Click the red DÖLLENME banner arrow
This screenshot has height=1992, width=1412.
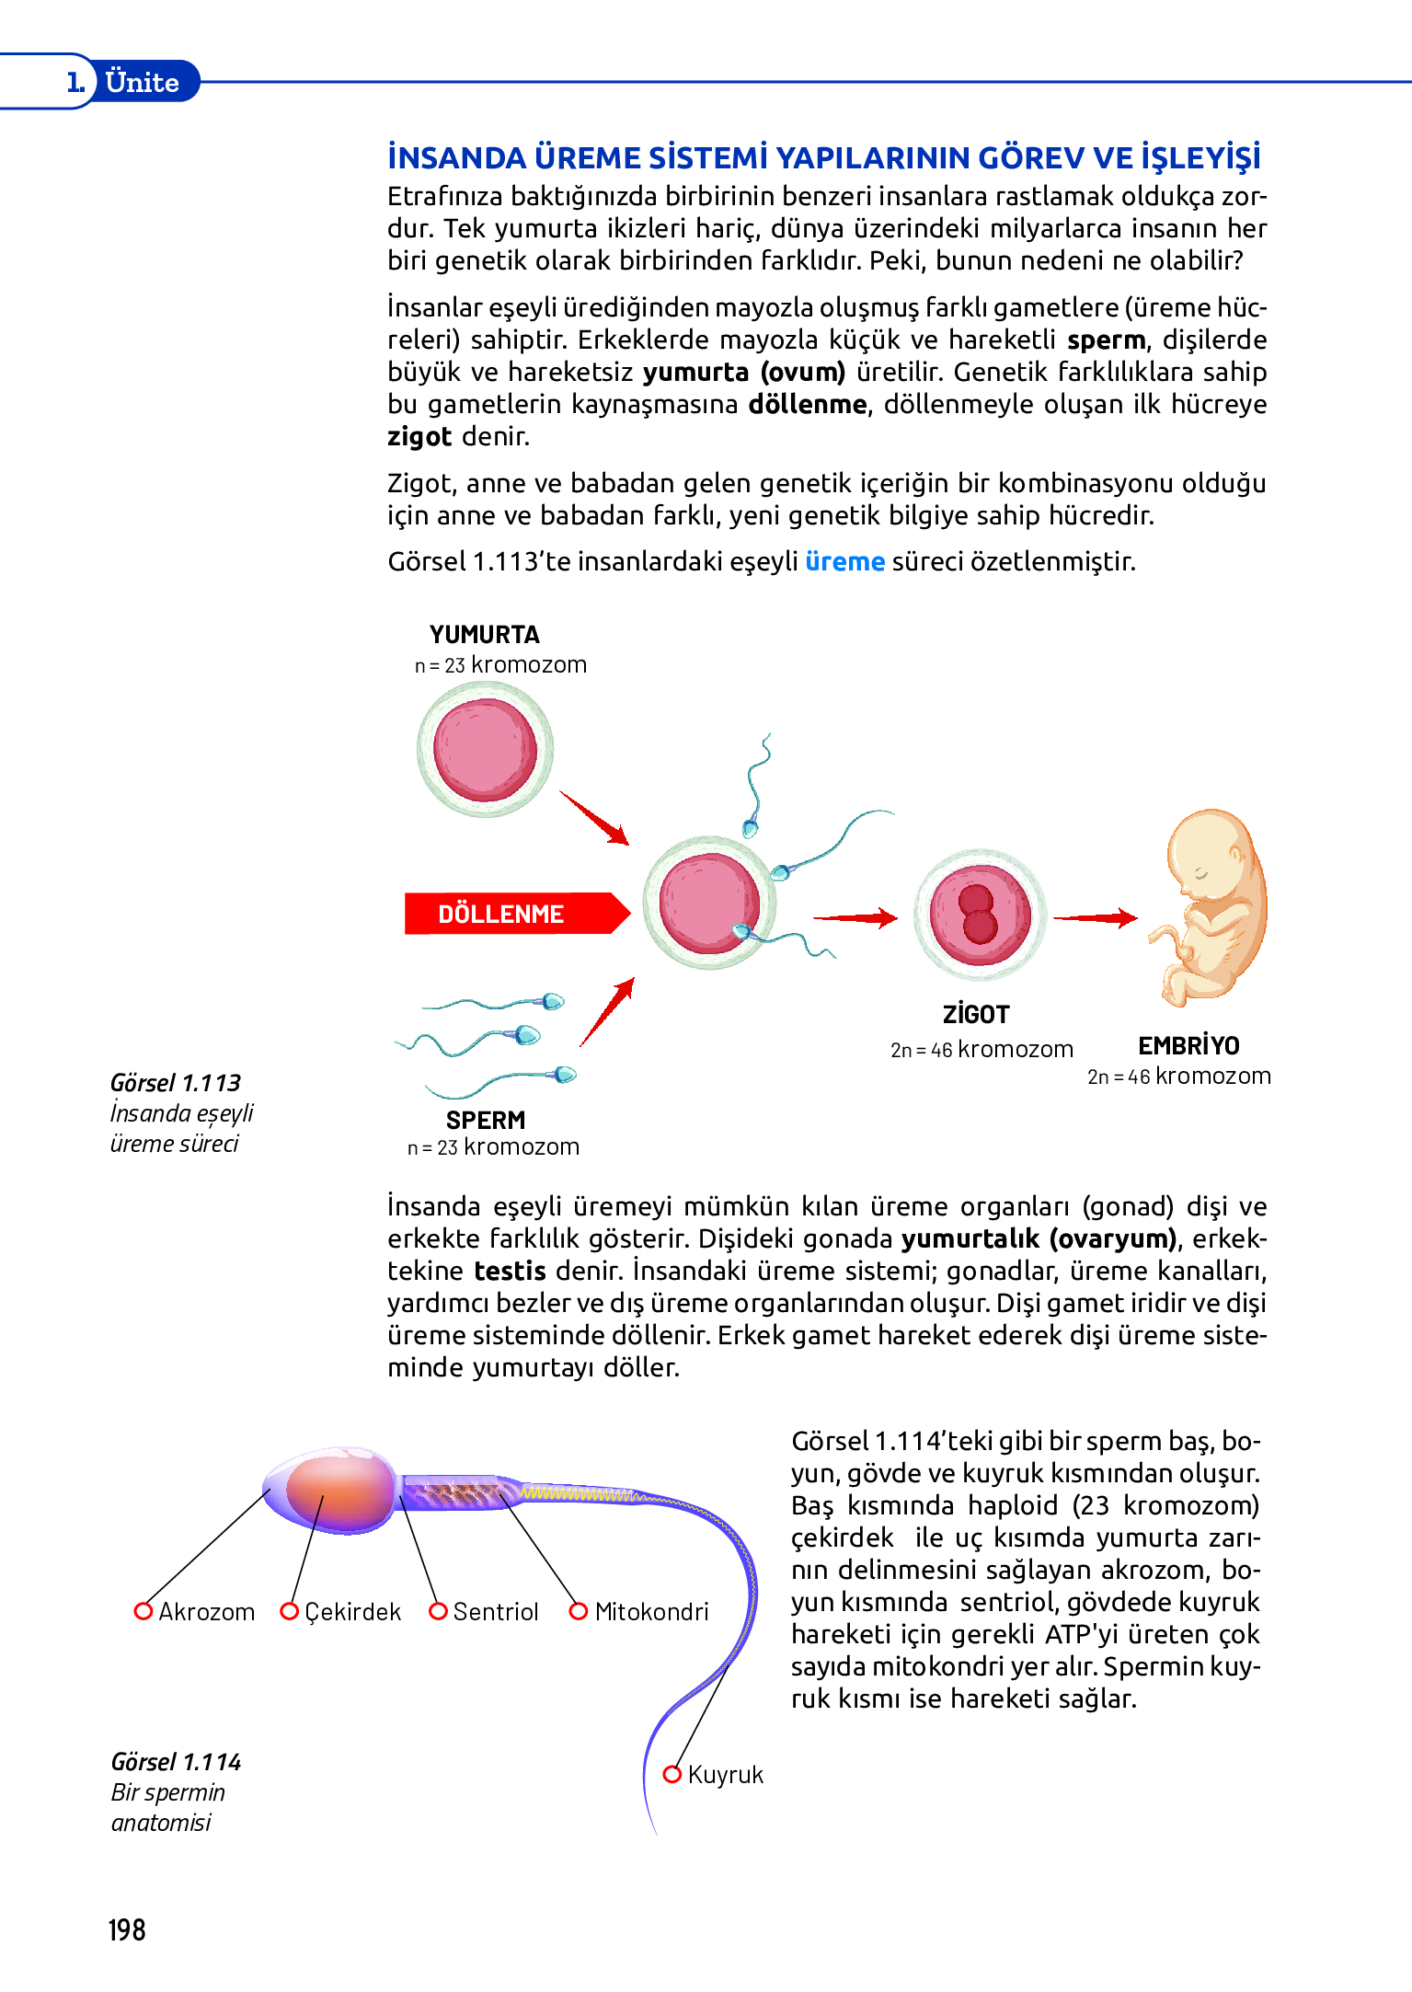pos(513,914)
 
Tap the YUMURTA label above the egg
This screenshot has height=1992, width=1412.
pos(484,635)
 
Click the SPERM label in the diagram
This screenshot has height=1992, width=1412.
pos(486,1120)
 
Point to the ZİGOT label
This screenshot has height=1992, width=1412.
pos(976,1014)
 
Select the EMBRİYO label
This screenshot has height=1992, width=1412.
pos(1188,1045)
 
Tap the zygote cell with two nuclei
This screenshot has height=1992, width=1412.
pos(980,914)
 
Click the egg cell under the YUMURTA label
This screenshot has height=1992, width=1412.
pos(485,749)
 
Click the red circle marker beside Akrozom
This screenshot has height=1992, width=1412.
pos(143,1611)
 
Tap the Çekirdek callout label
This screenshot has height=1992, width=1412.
pos(353,1612)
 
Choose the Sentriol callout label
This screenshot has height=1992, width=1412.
pos(496,1612)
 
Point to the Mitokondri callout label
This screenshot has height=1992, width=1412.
pos(651,1612)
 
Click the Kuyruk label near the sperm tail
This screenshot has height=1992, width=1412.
pos(726,1775)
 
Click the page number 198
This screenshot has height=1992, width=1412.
pos(127,1929)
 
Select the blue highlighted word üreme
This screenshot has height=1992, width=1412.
pos(844,561)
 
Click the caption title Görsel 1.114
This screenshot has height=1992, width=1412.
pos(176,1762)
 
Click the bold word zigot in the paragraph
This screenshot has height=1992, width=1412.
pos(419,436)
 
